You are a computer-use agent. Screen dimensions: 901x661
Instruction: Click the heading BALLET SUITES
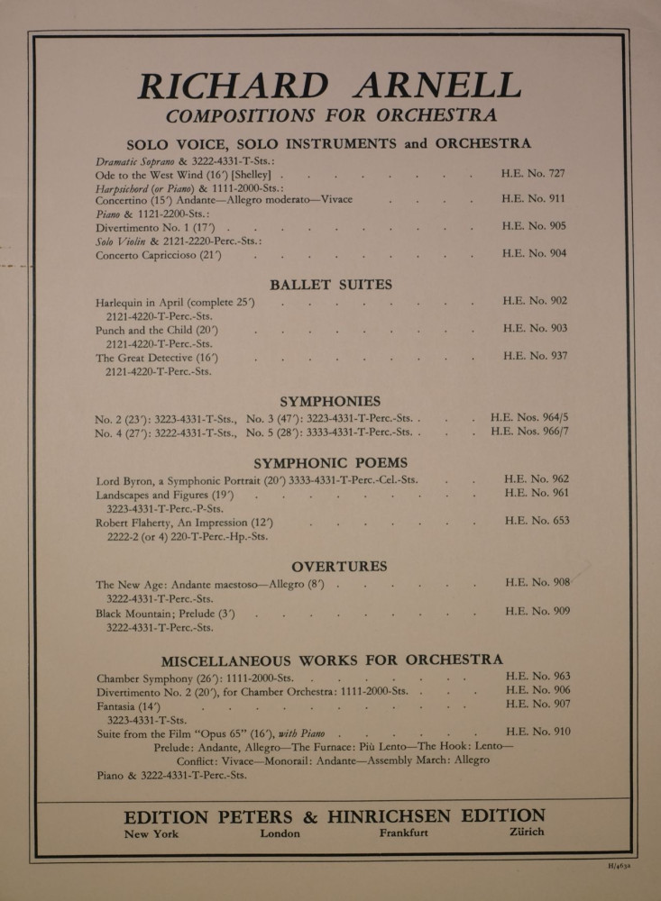tap(331, 285)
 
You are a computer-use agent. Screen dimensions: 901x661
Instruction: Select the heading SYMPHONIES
tap(330, 401)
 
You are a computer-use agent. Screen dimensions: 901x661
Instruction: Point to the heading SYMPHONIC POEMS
tap(330, 462)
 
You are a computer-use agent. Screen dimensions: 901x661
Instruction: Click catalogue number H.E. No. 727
tap(534, 172)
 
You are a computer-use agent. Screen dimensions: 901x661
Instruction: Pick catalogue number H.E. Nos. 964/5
tap(529, 418)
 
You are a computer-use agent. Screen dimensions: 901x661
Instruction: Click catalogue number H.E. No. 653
tap(537, 521)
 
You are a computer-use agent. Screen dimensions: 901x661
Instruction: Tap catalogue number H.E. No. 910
tap(538, 732)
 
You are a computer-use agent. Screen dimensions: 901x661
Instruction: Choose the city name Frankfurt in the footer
tap(404, 833)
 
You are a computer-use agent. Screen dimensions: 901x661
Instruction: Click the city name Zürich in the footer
tap(527, 832)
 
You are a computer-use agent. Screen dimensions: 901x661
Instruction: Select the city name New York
tap(151, 833)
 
